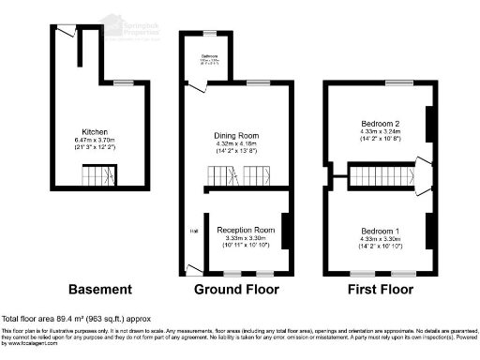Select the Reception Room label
tap(246, 230)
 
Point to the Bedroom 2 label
tap(381, 124)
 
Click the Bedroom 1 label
tap(381, 231)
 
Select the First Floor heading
tap(381, 289)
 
